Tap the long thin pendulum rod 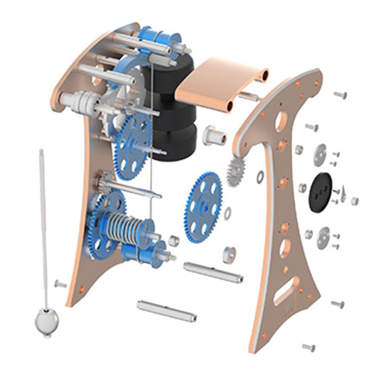pyautogui.click(x=44, y=218)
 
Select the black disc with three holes pyautogui.click(x=322, y=192)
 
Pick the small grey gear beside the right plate pyautogui.click(x=236, y=170)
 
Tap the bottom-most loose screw pyautogui.click(x=309, y=347)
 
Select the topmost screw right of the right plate pyautogui.click(x=340, y=94)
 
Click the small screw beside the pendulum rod pyautogui.click(x=60, y=284)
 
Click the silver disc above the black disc pyautogui.click(x=320, y=153)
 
